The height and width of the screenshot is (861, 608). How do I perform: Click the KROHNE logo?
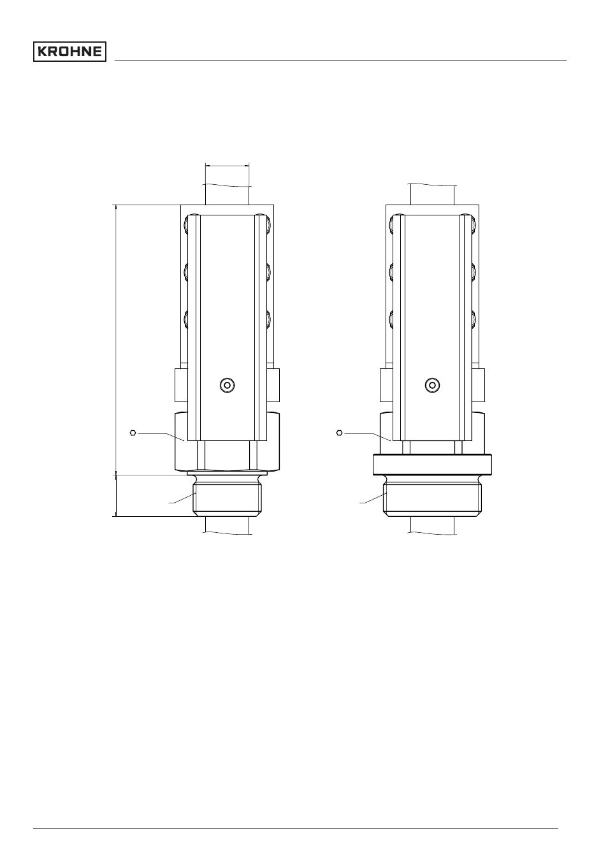(69, 52)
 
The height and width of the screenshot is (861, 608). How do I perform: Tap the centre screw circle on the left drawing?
(227, 385)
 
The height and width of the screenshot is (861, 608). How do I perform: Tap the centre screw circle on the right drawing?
(432, 385)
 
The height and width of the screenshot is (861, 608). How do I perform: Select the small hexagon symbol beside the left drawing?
(133, 433)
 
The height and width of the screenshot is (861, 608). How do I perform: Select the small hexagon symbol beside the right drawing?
(339, 433)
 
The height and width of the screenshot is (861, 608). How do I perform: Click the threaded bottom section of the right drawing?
(432, 499)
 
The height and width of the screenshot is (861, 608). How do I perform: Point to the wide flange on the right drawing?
(432, 465)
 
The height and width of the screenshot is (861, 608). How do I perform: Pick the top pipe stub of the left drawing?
(227, 194)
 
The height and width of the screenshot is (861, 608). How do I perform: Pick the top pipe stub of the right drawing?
(432, 194)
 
